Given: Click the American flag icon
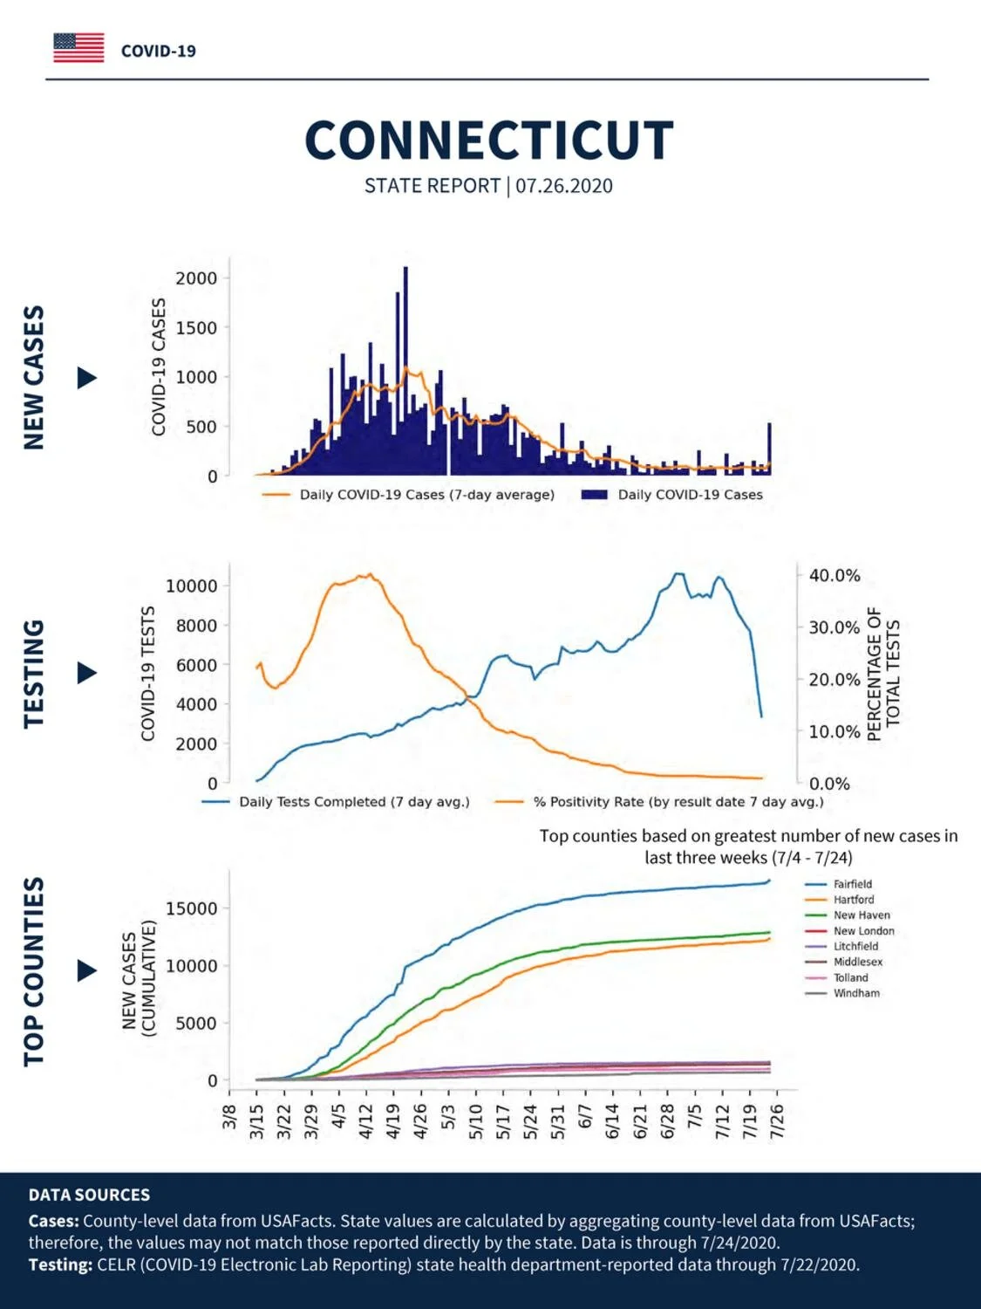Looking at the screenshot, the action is pyautogui.click(x=78, y=48).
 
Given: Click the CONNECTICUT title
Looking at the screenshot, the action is pyautogui.click(x=489, y=140).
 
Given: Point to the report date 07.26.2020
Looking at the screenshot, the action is pyautogui.click(x=564, y=186).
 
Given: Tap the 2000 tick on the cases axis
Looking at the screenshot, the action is pyautogui.click(x=196, y=278).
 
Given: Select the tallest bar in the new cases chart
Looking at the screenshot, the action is pyautogui.click(x=405, y=370).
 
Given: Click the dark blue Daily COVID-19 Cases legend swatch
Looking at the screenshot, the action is pyautogui.click(x=594, y=495).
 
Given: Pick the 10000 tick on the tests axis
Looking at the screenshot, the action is pyautogui.click(x=191, y=586).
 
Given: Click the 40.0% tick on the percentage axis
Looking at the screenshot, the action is pyautogui.click(x=835, y=575).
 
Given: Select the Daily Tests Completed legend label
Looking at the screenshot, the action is pyautogui.click(x=354, y=802).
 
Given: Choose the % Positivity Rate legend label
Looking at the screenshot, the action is pyautogui.click(x=678, y=802).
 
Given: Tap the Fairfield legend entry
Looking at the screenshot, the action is pyautogui.click(x=852, y=884).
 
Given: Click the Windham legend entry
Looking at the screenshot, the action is pyautogui.click(x=856, y=993).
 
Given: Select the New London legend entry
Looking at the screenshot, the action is pyautogui.click(x=863, y=931).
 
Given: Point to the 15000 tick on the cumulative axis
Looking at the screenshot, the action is pyautogui.click(x=191, y=908).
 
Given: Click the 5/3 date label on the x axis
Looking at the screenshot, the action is pyautogui.click(x=448, y=1117).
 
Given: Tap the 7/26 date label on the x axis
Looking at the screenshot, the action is pyautogui.click(x=777, y=1121).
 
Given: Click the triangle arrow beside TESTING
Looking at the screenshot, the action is pyautogui.click(x=87, y=673).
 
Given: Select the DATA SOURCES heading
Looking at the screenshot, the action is pyautogui.click(x=89, y=1195).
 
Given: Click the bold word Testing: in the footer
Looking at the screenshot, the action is pyautogui.click(x=60, y=1264).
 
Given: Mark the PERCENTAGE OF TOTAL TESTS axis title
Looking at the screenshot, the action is pyautogui.click(x=882, y=674).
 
